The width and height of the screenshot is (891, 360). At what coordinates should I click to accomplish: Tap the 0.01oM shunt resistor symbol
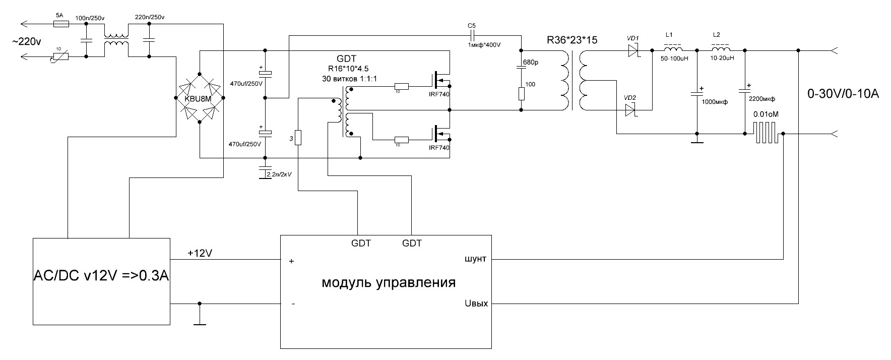[766, 134]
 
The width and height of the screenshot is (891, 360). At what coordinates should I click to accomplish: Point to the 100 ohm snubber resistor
[521, 94]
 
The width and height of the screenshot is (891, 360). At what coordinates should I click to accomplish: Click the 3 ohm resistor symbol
[298, 138]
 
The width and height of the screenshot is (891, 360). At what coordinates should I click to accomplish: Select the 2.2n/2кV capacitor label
[281, 174]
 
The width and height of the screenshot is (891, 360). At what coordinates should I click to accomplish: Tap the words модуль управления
[388, 282]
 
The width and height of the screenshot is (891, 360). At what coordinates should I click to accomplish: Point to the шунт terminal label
[475, 259]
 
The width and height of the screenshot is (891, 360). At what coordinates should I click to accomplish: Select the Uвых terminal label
[475, 304]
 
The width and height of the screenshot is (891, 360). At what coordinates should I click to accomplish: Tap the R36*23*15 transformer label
[572, 40]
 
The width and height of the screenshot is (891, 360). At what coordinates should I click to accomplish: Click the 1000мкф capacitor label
[715, 101]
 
